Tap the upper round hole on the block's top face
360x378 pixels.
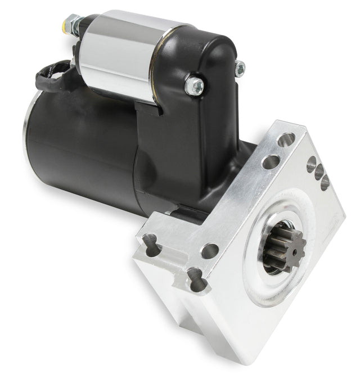286,139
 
